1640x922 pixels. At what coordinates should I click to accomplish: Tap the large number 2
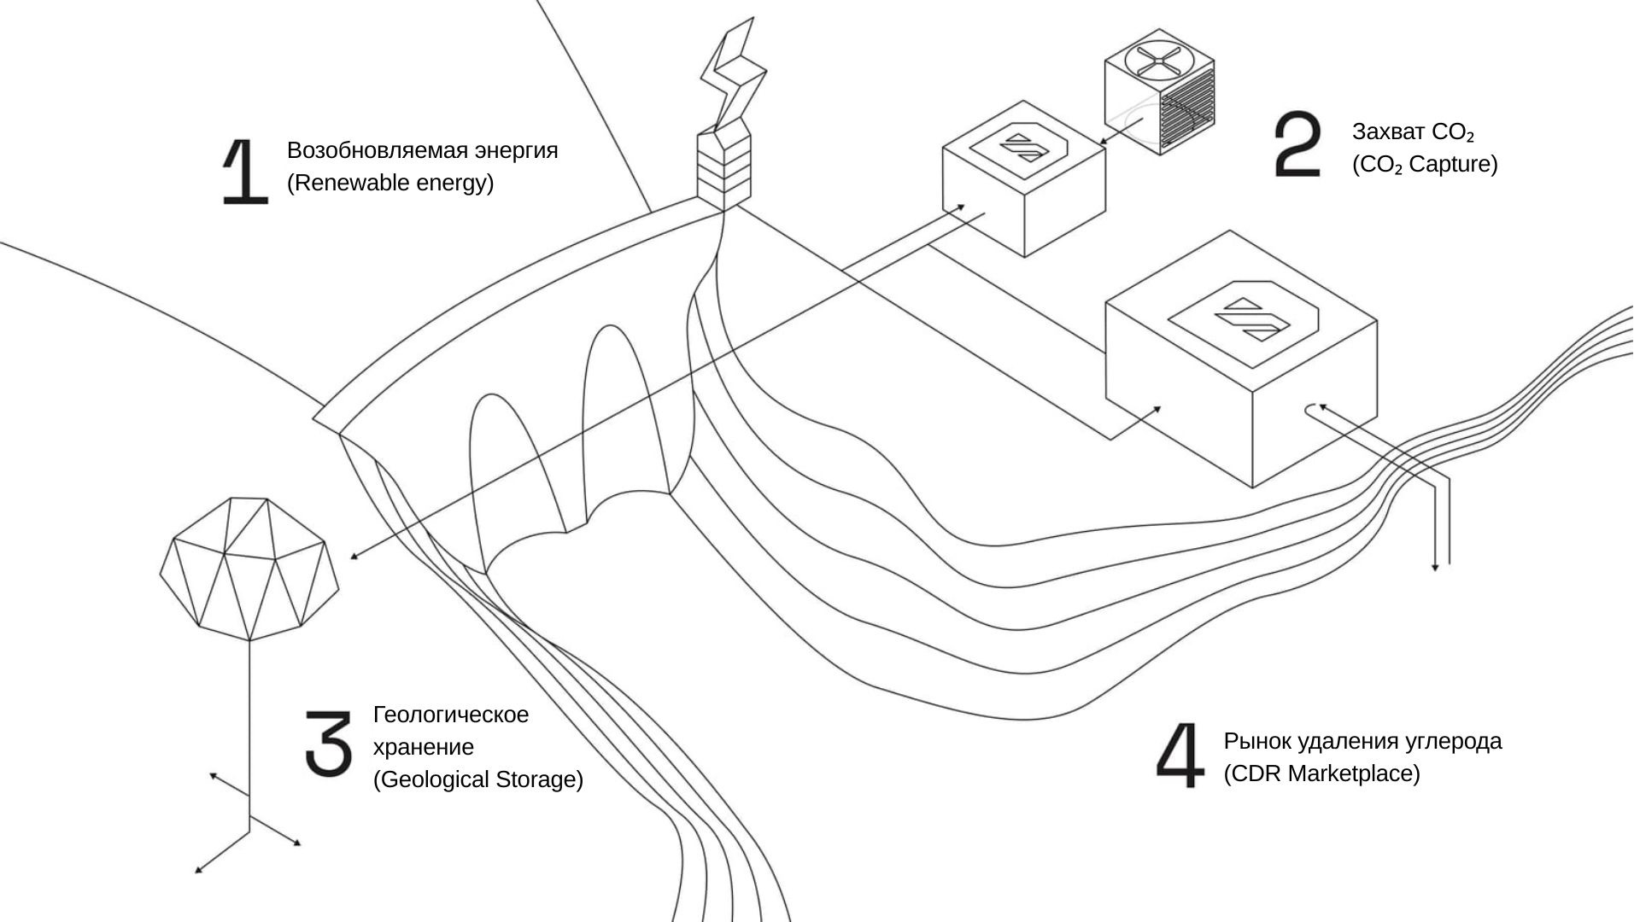click(x=1297, y=144)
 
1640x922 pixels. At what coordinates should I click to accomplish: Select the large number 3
click(x=329, y=743)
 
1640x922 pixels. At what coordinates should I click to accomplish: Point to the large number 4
click(x=1180, y=755)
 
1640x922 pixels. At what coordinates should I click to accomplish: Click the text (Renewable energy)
click(x=390, y=183)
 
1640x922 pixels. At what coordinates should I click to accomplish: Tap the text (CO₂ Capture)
click(x=1424, y=164)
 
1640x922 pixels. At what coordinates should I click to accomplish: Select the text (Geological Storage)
click(x=477, y=779)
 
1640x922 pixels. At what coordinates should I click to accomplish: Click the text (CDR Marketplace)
click(x=1321, y=773)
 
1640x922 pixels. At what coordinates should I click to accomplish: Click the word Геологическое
click(x=451, y=715)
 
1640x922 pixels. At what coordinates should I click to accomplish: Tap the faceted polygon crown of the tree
click(x=249, y=568)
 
